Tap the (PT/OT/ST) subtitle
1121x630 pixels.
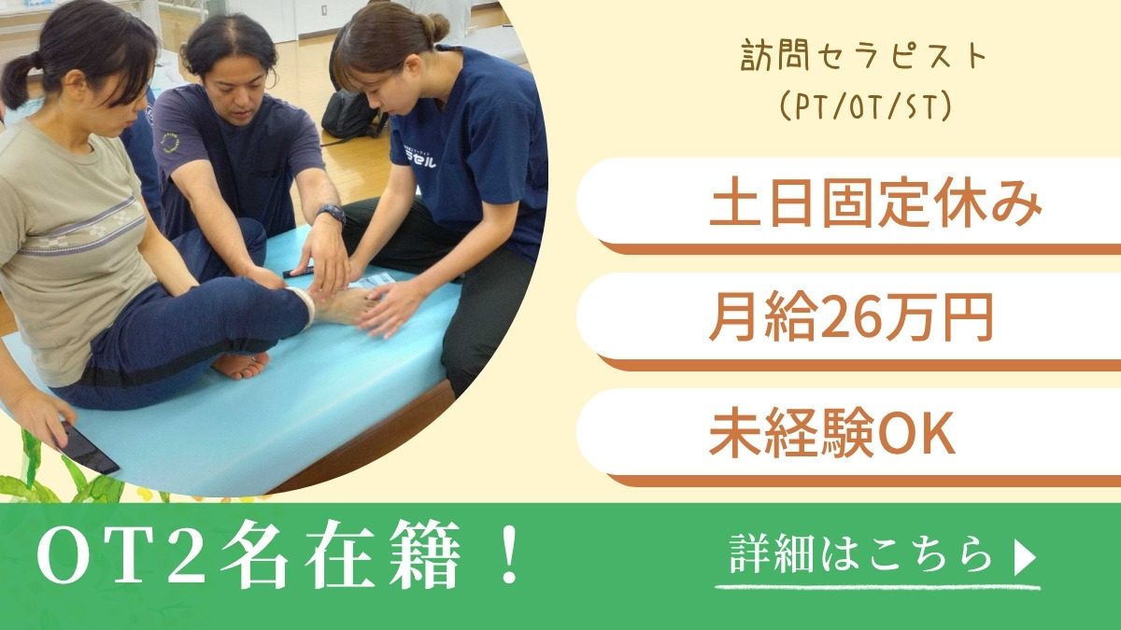866,106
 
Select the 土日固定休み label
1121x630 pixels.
876,205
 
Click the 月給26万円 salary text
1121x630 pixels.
851,318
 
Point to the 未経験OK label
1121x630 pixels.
832,433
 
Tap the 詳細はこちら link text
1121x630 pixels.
860,554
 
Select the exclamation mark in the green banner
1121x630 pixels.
509,555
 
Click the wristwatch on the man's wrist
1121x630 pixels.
331,213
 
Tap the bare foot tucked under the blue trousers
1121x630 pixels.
241,365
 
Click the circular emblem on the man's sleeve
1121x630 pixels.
172,143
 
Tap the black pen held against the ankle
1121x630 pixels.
298,273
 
